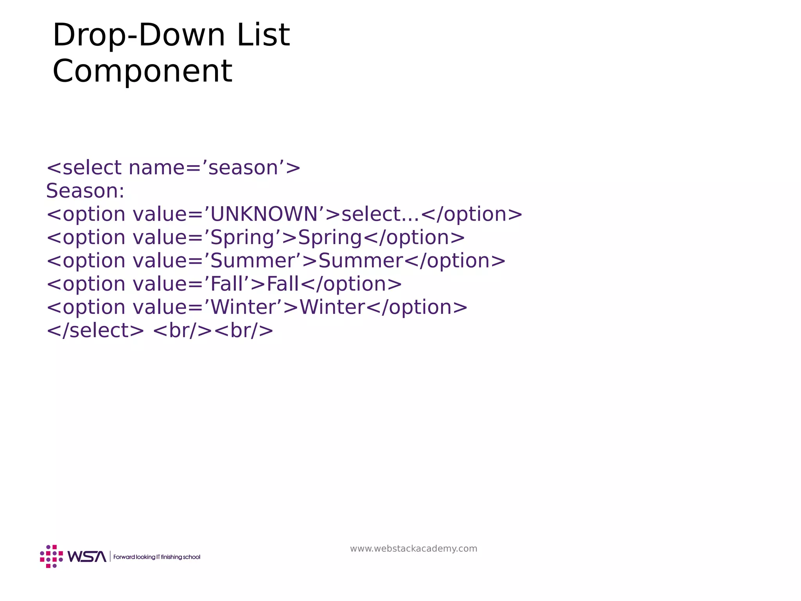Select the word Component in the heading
[x=142, y=71]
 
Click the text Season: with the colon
[x=85, y=191]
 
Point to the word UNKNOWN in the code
[x=264, y=214]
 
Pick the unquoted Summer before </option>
[x=361, y=261]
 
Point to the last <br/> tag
[x=244, y=331]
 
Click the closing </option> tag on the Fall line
[x=351, y=284]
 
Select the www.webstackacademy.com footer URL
[x=413, y=549]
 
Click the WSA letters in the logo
[x=87, y=556]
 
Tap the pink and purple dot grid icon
[x=51, y=556]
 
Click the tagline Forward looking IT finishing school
[x=156, y=557]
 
